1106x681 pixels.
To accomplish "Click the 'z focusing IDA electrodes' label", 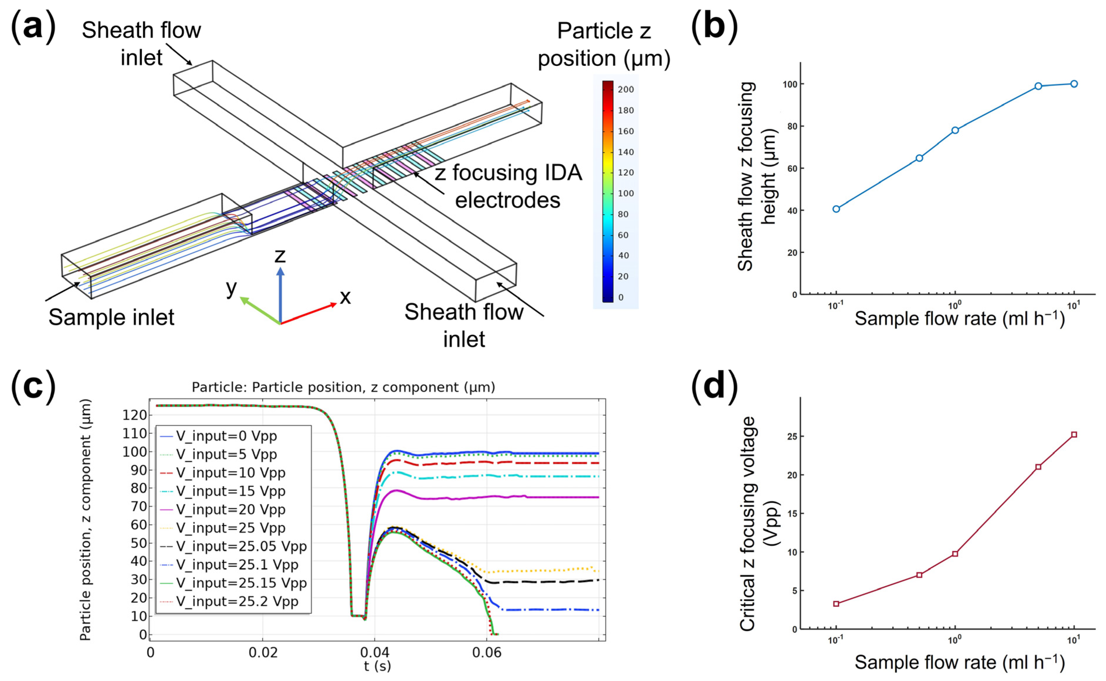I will (x=508, y=187).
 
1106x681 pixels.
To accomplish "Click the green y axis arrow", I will (x=259, y=310).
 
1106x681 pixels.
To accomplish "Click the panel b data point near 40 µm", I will (x=836, y=209).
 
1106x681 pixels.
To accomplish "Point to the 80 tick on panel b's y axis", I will (x=792, y=127).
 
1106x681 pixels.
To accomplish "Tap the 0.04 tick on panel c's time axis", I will (x=375, y=653).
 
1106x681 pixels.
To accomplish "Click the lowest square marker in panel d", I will (x=836, y=604).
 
